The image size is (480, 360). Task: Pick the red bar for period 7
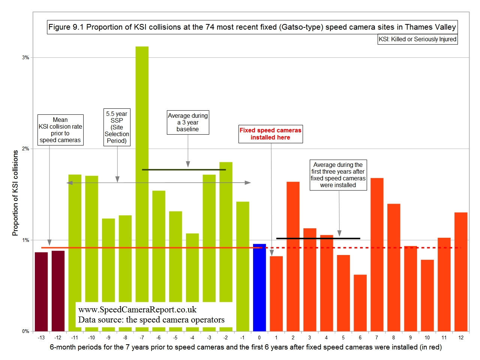pos(376,255)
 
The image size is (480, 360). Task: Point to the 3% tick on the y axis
pos(25,57)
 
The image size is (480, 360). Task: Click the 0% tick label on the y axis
pos(25,331)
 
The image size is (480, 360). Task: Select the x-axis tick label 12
pos(461,337)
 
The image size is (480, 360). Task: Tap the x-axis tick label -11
pos(75,337)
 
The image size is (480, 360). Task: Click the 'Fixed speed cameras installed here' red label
pos(270,134)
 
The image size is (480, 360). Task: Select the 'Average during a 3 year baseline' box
pos(187,122)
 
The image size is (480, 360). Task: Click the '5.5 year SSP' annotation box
pos(117,127)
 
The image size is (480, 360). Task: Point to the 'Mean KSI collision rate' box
pos(60,130)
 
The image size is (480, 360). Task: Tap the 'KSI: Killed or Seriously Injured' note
pos(417,39)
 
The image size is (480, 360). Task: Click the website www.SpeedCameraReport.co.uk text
pos(137,309)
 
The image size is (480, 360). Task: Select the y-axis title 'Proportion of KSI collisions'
pos(15,193)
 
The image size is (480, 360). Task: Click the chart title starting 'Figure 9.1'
pos(252,27)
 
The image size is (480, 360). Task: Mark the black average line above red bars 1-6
pos(318,238)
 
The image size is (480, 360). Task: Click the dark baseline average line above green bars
pos(184,169)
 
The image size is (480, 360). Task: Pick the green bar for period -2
pos(226,232)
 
